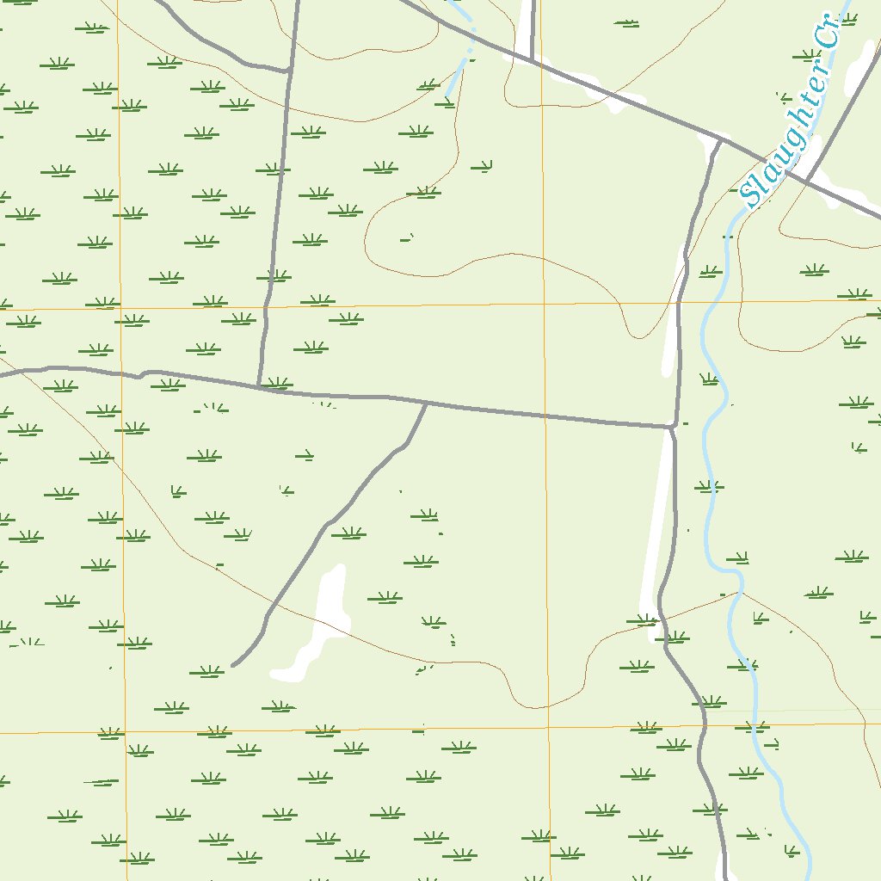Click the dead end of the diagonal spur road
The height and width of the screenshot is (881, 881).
click(233, 665)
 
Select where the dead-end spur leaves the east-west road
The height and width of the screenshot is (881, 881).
click(426, 403)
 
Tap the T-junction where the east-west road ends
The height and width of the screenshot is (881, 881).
click(671, 426)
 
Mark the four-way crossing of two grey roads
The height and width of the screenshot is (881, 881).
click(807, 181)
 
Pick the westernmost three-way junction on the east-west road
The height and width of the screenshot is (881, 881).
click(258, 386)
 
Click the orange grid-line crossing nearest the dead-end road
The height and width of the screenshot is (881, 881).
click(124, 733)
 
